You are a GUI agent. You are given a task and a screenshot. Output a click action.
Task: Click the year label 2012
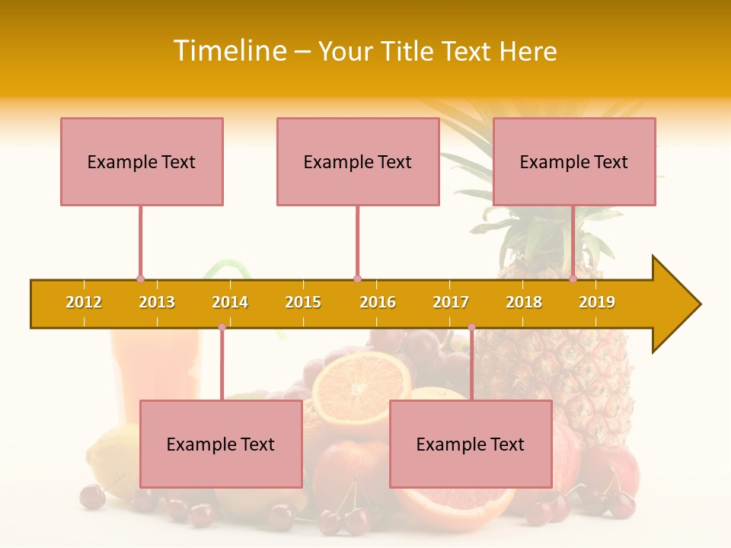[84, 302]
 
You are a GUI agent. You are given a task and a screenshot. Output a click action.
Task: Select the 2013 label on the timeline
[157, 302]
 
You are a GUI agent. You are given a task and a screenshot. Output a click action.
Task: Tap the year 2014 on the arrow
[230, 302]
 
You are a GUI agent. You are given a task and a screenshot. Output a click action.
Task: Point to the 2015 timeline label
[303, 302]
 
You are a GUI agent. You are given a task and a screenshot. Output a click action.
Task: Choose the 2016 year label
[378, 302]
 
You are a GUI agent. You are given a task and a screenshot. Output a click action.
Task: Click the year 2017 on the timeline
[451, 302]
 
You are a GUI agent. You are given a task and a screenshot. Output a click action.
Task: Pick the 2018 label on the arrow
[524, 302]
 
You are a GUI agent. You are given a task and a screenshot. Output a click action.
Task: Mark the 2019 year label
[597, 302]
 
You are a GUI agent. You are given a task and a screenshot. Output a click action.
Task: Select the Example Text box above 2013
[142, 161]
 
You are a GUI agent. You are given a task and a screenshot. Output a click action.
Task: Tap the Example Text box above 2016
[358, 161]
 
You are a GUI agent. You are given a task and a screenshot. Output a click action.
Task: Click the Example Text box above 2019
[574, 161]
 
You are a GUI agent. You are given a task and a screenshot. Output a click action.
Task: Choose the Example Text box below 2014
[221, 444]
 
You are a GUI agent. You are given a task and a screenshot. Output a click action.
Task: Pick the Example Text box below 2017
[471, 444]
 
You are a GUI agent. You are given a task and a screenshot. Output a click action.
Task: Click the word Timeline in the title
[229, 51]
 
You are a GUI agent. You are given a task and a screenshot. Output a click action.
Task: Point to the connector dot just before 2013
[140, 279]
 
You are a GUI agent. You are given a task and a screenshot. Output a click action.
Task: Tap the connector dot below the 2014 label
[222, 327]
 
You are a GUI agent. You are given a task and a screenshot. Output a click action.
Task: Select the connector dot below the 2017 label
[471, 327]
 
